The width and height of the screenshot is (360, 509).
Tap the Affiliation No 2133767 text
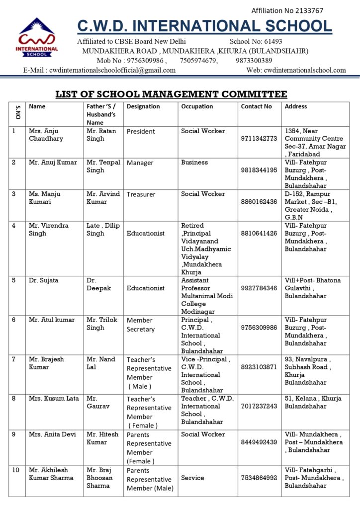click(287, 10)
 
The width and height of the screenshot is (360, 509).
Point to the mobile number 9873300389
click(254, 61)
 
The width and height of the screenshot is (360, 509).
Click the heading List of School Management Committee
click(171, 94)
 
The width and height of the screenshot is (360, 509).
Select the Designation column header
click(143, 106)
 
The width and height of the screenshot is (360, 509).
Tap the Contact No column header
click(257, 106)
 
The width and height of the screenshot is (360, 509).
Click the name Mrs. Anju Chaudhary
click(46, 135)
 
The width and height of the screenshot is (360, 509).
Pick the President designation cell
click(141, 132)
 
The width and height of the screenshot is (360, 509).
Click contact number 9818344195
click(259, 170)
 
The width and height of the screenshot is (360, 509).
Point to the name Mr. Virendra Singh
click(44, 229)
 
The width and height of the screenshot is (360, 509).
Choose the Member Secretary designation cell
click(140, 325)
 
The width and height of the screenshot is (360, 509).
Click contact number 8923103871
click(259, 367)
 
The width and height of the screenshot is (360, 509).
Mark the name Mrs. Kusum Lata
click(54, 398)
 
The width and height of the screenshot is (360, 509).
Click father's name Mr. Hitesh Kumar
click(102, 438)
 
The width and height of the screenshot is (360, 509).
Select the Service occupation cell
click(192, 478)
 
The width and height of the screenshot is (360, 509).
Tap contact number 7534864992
click(259, 478)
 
